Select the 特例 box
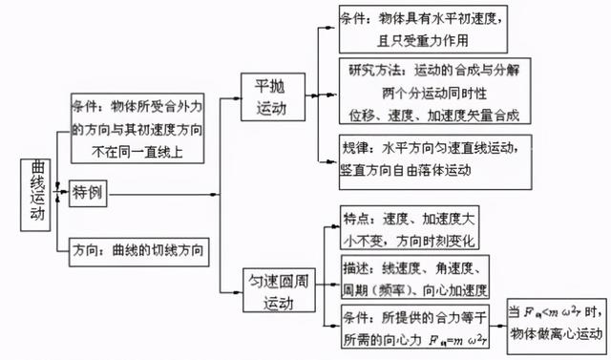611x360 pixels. pos(89,194)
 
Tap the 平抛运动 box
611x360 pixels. pos(270,96)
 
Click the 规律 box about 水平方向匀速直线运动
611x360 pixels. pos(432,160)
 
